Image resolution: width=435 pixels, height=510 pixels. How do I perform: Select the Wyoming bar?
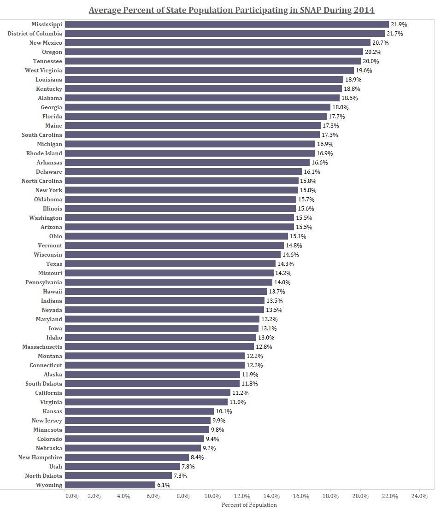(x=110, y=485)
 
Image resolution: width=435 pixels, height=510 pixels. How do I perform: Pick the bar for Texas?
(x=170, y=264)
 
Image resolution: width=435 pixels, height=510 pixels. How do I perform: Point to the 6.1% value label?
(x=164, y=485)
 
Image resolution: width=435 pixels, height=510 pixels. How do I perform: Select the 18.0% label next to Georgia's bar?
(x=340, y=107)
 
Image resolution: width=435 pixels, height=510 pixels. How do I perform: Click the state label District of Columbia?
(x=35, y=34)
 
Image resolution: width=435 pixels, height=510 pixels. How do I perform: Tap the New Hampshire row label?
(x=40, y=457)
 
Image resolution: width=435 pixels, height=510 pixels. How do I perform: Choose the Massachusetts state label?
(x=42, y=347)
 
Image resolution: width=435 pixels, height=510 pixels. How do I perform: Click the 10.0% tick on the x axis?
(x=212, y=496)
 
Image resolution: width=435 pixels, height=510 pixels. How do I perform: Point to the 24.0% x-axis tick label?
(x=419, y=496)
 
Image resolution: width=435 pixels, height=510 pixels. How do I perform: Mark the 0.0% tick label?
(x=72, y=496)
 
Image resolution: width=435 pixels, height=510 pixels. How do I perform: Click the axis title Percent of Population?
(x=249, y=505)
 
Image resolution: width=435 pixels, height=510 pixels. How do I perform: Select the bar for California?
(x=147, y=393)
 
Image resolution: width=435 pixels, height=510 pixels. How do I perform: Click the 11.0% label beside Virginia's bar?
(x=237, y=402)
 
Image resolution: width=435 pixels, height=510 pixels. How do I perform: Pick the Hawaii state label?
(x=53, y=292)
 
